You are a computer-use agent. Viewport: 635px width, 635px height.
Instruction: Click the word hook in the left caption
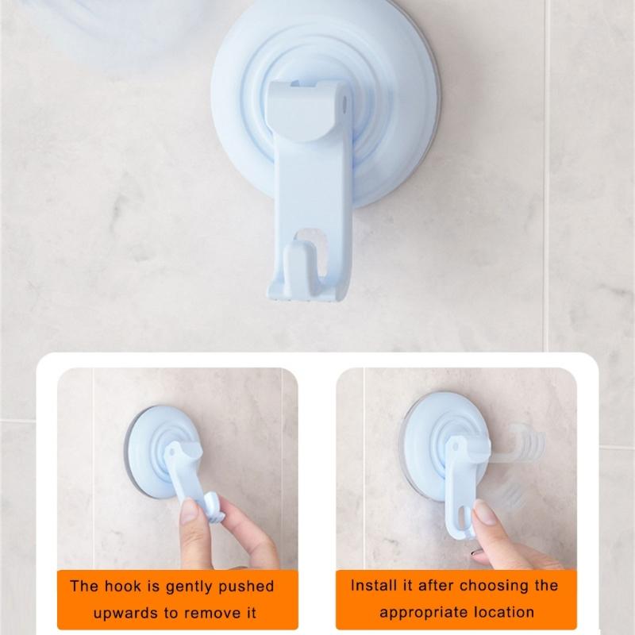[125, 587]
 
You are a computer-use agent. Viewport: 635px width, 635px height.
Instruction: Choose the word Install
[372, 587]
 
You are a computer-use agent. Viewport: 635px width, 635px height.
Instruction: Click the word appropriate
[422, 614]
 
